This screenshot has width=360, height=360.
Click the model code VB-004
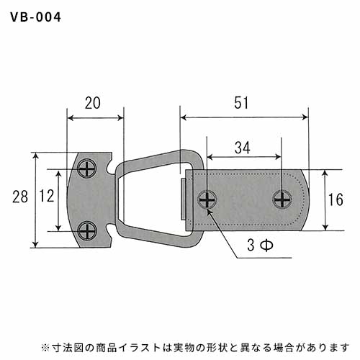[36, 17]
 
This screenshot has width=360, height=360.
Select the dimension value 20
[93, 103]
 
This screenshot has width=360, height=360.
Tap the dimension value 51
[241, 103]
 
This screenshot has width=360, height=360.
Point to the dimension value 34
[243, 148]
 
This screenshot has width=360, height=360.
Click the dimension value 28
[20, 197]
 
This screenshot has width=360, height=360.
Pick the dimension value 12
[47, 196]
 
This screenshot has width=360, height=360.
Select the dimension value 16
[336, 199]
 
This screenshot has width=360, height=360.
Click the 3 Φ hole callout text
[260, 246]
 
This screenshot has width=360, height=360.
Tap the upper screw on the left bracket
[87, 168]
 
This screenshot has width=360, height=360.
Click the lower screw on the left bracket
[87, 230]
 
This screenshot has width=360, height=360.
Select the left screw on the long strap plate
[207, 199]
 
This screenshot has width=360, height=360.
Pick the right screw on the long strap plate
[282, 199]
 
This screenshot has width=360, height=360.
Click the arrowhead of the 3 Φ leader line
[209, 212]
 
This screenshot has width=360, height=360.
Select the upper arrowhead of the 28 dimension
[35, 156]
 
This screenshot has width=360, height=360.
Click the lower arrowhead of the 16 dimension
[325, 227]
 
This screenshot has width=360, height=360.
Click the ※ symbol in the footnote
[45, 348]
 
